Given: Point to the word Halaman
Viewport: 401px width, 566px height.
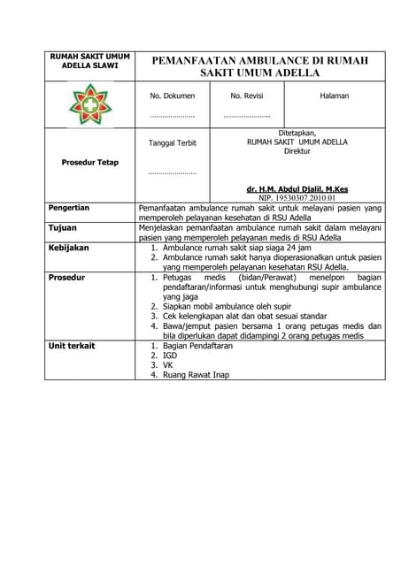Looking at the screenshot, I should click(x=334, y=96).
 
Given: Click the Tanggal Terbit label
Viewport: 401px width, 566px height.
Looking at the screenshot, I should click(x=172, y=142).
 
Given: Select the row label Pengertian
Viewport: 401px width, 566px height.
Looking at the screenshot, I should click(x=69, y=208).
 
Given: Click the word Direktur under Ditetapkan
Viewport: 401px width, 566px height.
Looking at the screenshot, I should click(x=297, y=151).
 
